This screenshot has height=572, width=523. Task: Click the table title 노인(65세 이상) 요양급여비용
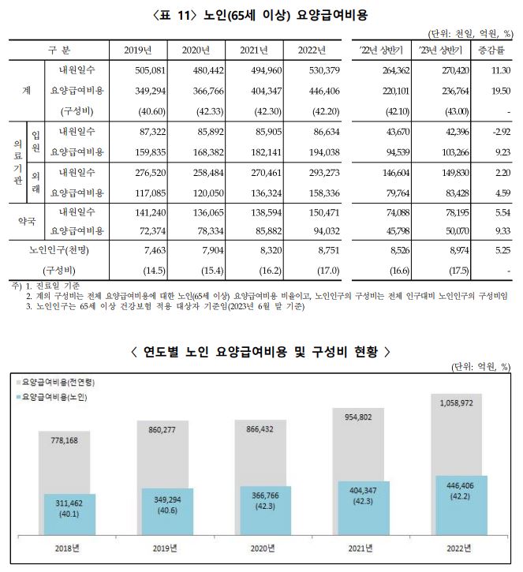(261, 14)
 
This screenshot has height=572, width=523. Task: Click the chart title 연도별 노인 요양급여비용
(261, 350)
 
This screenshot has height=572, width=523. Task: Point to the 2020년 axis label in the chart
(261, 548)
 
